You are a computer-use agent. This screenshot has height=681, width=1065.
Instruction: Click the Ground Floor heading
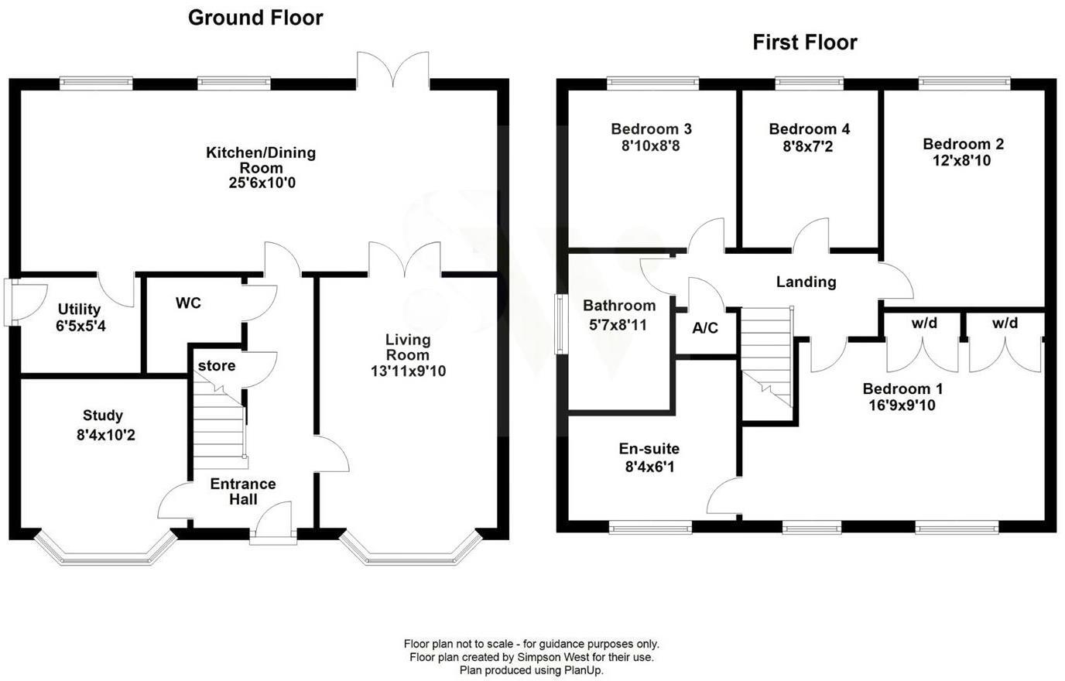coord(255,18)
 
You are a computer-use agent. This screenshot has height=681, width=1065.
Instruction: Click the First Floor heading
coord(805,42)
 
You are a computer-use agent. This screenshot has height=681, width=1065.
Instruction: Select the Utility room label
coord(79,310)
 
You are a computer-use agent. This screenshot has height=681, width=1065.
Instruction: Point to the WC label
coord(188,303)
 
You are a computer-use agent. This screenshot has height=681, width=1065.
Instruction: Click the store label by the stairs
coord(217,365)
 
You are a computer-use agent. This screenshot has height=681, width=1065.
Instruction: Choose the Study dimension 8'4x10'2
coord(106,435)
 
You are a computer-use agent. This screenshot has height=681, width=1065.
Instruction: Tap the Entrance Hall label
coord(243,491)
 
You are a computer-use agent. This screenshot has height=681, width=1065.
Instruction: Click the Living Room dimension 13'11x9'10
coord(408,371)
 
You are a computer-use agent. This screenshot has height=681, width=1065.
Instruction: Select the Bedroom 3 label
coord(651,128)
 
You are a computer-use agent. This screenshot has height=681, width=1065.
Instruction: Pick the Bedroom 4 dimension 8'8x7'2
coord(808,145)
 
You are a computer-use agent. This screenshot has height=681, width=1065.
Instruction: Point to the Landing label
coord(806,282)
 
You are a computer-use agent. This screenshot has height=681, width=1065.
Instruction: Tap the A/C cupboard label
coord(704,328)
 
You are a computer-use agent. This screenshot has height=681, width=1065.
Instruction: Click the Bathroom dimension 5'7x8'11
coord(618,325)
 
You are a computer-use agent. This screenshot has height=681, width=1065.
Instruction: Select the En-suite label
coord(649,449)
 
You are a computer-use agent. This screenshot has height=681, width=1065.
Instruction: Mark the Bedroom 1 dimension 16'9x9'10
coord(902,405)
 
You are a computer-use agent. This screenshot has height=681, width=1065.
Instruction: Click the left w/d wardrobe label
coord(924,323)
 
